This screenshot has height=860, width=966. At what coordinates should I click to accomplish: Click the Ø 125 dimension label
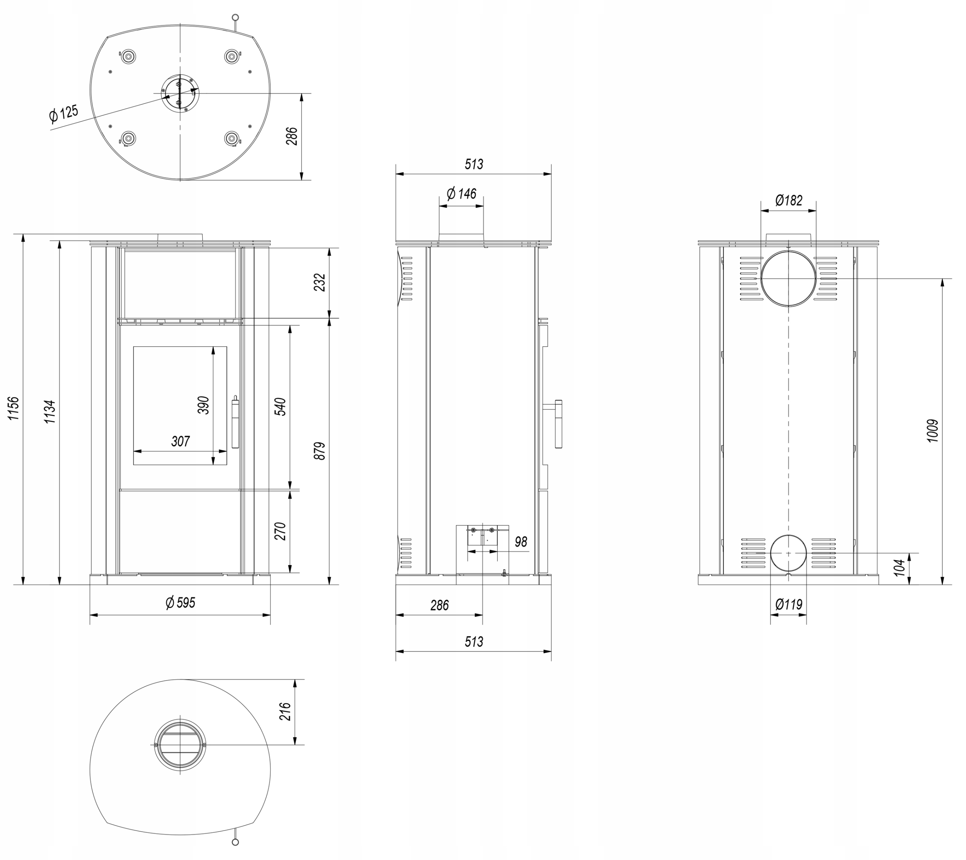point(63,114)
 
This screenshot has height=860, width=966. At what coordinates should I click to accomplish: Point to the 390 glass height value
point(203,405)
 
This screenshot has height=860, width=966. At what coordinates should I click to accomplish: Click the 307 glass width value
point(180,441)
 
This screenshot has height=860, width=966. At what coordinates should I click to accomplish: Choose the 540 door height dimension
point(280,407)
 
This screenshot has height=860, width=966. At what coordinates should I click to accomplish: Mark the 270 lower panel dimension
point(280,531)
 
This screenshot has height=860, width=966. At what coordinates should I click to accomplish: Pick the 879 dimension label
point(320,451)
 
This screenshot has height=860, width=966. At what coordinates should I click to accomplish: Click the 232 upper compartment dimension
point(320,283)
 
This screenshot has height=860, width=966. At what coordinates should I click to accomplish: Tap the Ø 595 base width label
point(180,602)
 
